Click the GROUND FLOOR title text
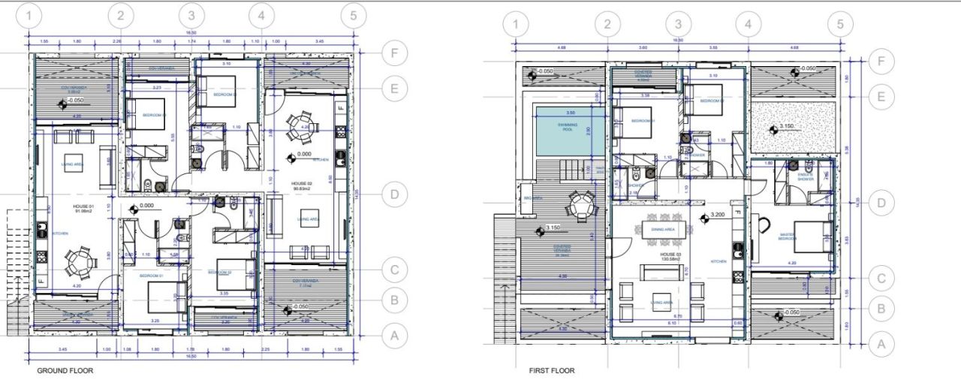click(65, 371)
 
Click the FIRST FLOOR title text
click(552, 371)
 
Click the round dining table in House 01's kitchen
click(79, 262)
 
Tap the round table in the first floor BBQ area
click(580, 204)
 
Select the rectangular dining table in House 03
click(661, 229)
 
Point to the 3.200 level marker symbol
click(704, 219)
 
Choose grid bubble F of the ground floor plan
click(393, 53)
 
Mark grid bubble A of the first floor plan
click(882, 345)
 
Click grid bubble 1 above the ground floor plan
click(29, 15)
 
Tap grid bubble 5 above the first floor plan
click(839, 25)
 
